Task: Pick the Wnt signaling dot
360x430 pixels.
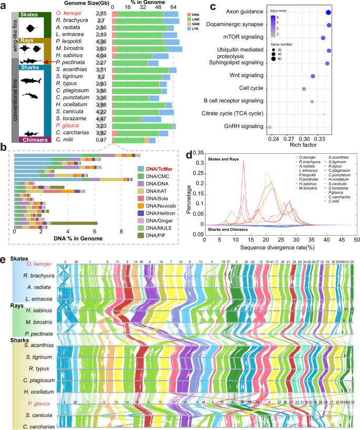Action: point(313,77)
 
